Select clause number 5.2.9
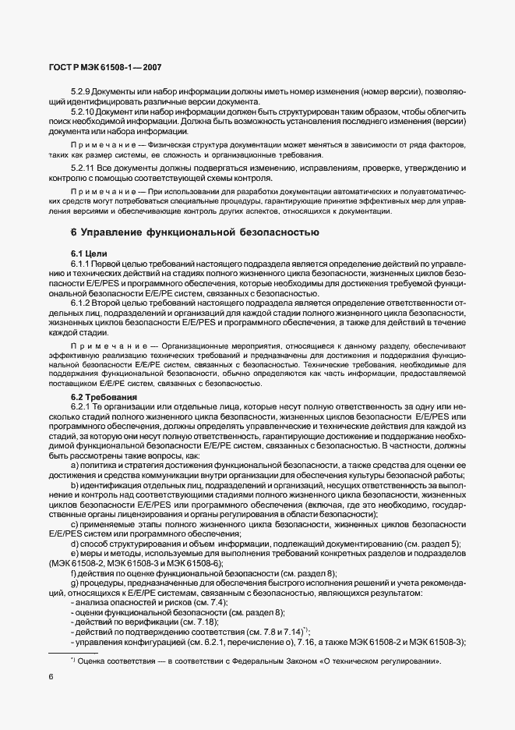coord(81,92)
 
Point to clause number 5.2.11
coord(83,168)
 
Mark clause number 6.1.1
coord(81,265)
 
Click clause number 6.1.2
coord(81,302)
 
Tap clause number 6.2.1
coord(81,407)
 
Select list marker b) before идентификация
coord(74,486)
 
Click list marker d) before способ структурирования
coord(74,543)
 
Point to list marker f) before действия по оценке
coord(73,572)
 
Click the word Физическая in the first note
coord(164,146)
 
